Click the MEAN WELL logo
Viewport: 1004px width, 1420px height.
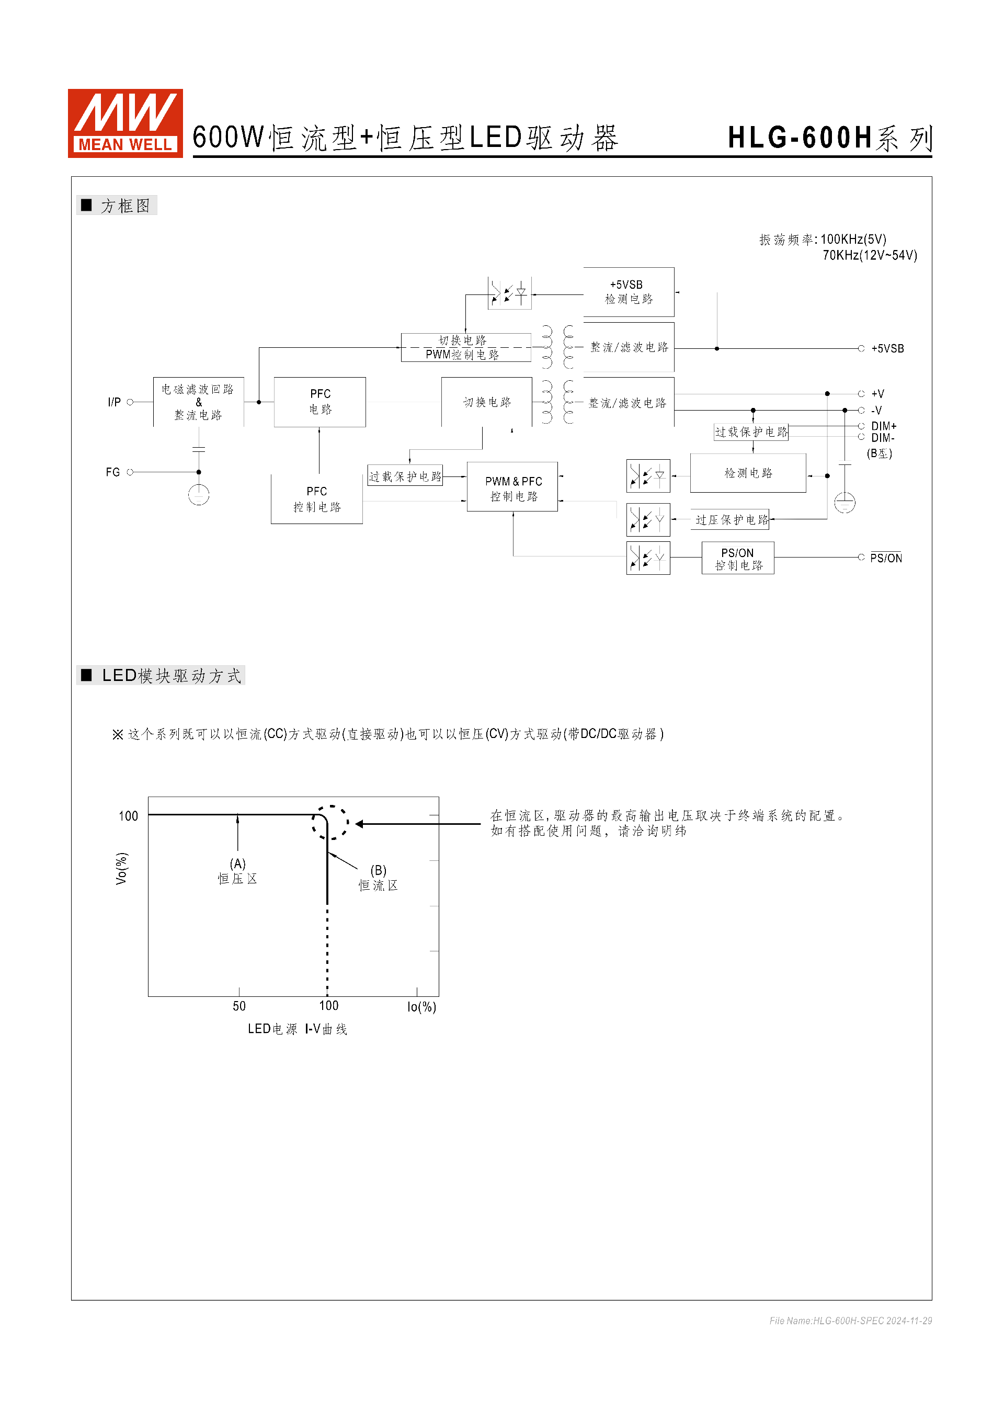125,123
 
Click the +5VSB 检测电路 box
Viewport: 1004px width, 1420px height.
628,292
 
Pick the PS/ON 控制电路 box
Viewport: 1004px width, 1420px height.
737,559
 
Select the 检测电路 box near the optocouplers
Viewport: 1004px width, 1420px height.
748,473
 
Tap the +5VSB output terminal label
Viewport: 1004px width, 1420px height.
887,349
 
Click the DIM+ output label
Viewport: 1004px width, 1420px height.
883,426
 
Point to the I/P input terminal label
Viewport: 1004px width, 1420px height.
115,403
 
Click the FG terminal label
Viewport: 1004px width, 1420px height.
112,472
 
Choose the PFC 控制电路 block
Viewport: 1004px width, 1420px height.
316,499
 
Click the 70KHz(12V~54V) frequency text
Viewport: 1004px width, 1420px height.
869,255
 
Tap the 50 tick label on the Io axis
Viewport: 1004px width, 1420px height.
239,1006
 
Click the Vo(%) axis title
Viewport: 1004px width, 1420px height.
121,868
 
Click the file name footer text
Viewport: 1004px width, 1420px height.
850,1321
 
